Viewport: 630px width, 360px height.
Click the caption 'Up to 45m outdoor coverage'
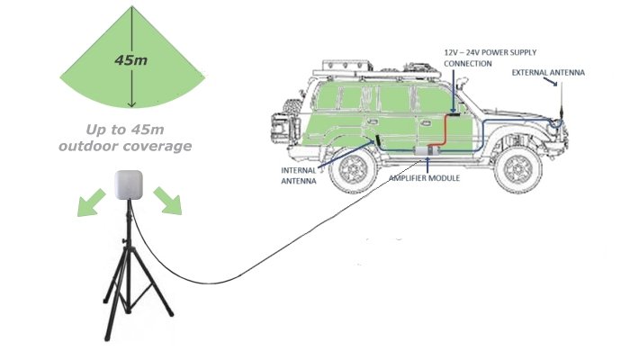[x=125, y=137]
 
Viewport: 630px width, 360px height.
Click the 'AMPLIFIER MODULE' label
[x=425, y=179]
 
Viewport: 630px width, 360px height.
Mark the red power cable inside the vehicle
[x=444, y=135]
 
